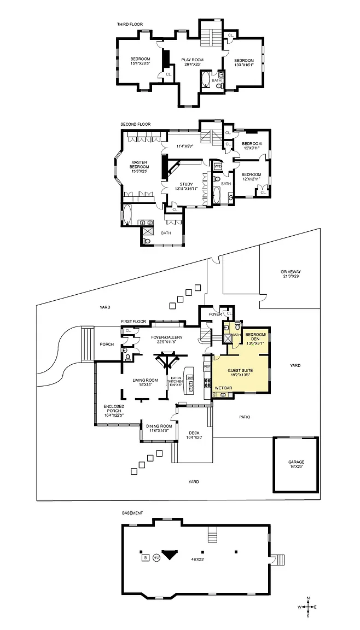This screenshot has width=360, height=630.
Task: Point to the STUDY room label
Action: (x=187, y=185)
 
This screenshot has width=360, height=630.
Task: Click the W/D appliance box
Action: (x=217, y=166)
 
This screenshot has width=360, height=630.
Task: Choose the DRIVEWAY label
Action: (x=291, y=272)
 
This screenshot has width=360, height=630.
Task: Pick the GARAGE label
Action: (x=296, y=462)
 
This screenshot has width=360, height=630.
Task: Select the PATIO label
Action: (x=245, y=417)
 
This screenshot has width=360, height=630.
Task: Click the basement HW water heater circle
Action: (x=156, y=557)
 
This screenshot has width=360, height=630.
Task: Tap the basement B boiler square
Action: (x=145, y=557)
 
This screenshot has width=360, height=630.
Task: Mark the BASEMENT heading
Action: (x=132, y=513)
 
